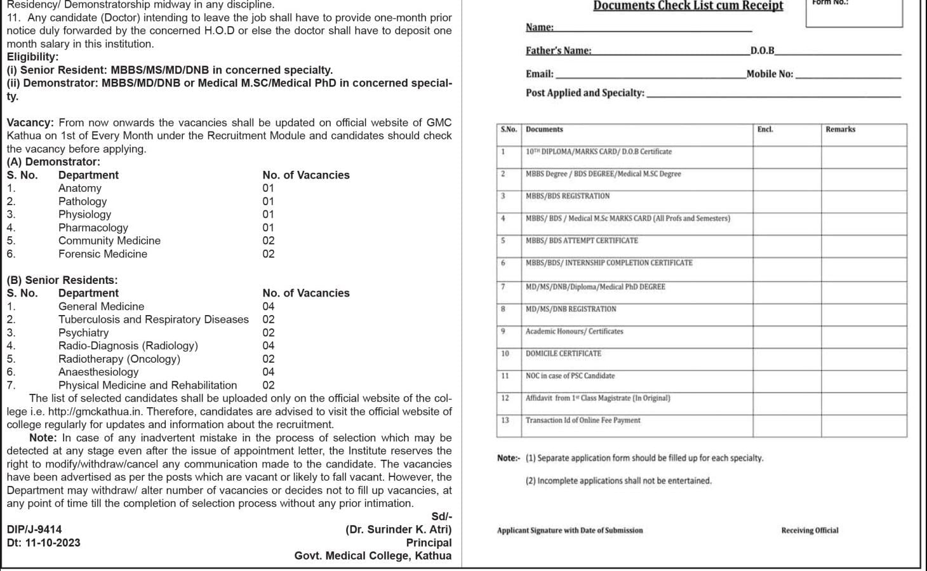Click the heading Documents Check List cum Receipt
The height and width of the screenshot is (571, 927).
tap(688, 6)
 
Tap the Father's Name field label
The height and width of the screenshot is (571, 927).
tap(558, 51)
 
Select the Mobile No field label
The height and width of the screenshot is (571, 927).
tap(770, 74)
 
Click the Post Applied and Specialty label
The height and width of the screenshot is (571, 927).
tap(585, 93)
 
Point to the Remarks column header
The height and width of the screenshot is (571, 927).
tap(840, 130)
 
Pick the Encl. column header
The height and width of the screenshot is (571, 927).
tap(764, 130)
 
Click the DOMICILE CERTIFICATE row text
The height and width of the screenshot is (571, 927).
tap(563, 354)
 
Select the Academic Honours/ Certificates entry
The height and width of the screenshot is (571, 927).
tap(574, 332)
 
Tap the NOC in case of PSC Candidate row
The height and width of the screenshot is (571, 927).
tap(570, 376)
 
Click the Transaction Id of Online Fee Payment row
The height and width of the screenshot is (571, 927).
tap(582, 420)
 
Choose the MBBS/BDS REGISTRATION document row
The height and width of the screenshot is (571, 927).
tap(567, 196)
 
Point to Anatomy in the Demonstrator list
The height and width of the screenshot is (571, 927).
tap(79, 188)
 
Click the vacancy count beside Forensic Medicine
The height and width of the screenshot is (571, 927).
tap(269, 254)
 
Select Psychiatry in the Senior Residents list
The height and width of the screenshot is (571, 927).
tap(83, 333)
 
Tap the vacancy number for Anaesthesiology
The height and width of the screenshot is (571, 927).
tap(269, 372)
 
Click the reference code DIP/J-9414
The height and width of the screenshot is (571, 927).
tap(34, 530)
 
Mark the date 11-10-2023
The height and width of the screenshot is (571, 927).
tap(53, 543)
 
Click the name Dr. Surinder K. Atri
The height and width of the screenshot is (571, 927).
tap(399, 530)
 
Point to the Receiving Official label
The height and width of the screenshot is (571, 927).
tap(810, 530)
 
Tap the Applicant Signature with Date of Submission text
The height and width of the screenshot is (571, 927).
tap(570, 530)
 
